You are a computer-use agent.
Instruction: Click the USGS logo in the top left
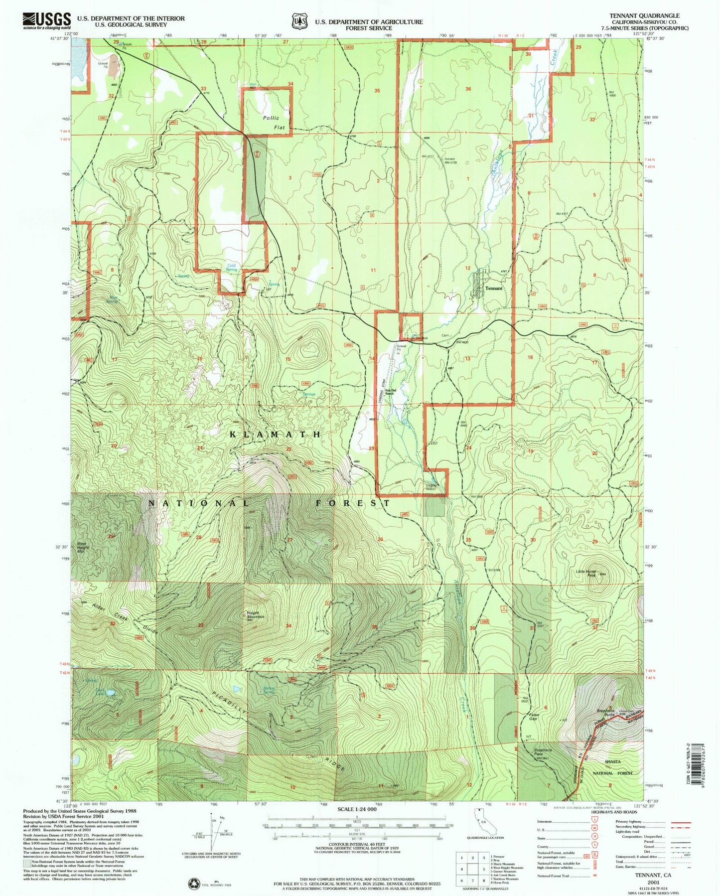click(x=46, y=21)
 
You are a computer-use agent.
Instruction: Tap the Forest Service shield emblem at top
click(x=299, y=22)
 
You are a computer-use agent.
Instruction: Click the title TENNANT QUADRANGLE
click(x=647, y=16)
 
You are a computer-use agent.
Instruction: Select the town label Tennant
click(x=493, y=289)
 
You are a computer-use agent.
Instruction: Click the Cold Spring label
click(x=232, y=268)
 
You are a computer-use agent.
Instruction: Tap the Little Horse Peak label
click(x=586, y=573)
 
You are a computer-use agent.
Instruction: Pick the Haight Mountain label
click(x=256, y=615)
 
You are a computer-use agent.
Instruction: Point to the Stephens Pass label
click(x=543, y=752)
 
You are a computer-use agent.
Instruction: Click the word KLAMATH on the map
click(x=275, y=435)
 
